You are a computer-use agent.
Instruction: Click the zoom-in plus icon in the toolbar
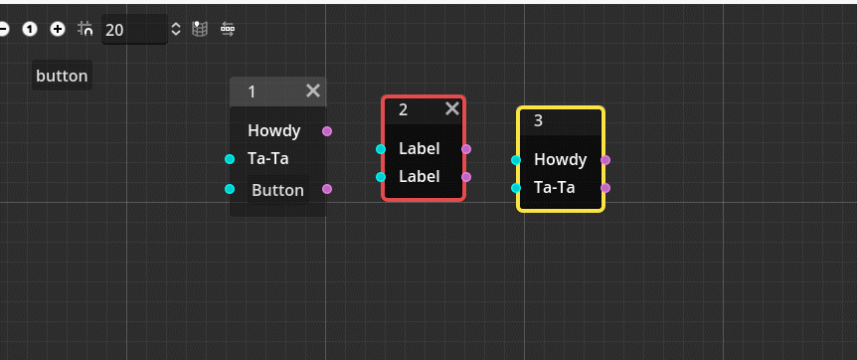click(58, 29)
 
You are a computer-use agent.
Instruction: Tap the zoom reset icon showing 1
click(30, 29)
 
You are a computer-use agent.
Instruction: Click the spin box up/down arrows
click(176, 29)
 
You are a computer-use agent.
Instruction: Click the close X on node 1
click(313, 90)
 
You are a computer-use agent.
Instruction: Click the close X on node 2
click(452, 108)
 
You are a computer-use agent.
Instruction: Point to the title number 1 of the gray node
click(253, 91)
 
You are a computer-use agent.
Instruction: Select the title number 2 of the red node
click(403, 109)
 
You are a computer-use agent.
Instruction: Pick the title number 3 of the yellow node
click(538, 120)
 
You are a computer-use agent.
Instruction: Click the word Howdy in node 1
click(273, 130)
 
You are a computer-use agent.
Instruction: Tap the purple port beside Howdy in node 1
click(327, 131)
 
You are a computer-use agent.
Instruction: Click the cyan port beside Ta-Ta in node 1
click(230, 158)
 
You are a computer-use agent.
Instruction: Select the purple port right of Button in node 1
click(327, 189)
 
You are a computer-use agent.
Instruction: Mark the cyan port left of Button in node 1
click(230, 189)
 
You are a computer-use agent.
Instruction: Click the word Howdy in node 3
click(560, 159)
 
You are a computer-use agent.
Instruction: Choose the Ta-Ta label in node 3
click(554, 187)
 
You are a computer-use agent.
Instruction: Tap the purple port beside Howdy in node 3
click(605, 159)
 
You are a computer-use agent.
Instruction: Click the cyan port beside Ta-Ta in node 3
click(516, 187)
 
